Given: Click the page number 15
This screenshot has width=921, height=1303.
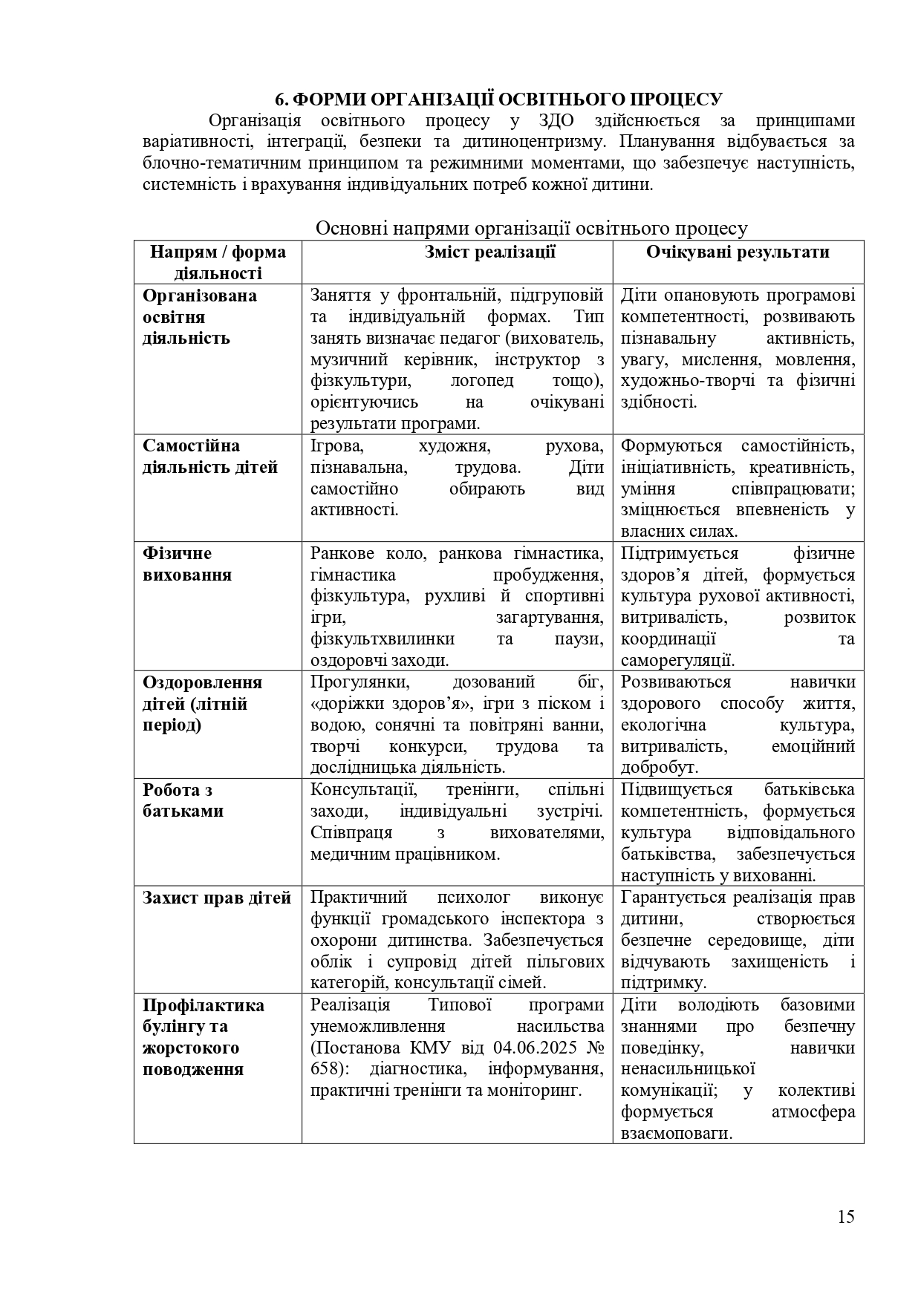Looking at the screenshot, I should click(x=846, y=1216).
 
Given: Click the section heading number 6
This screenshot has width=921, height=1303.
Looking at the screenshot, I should click(x=280, y=100).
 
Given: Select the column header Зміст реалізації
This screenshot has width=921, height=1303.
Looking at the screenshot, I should click(x=490, y=252).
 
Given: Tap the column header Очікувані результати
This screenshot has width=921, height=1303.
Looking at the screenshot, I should click(x=738, y=252).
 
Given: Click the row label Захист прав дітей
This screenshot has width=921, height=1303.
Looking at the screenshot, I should click(x=217, y=898).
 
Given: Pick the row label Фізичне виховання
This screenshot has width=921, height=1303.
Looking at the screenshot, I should click(x=187, y=564).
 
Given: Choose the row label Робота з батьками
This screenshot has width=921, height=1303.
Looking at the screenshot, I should click(x=183, y=800).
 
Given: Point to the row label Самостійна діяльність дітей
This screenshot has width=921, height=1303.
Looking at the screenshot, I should click(x=210, y=457).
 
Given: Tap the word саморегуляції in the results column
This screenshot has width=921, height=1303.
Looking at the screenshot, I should click(x=677, y=660).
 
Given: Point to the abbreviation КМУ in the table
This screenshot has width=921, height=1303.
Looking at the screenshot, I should click(x=435, y=1048).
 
